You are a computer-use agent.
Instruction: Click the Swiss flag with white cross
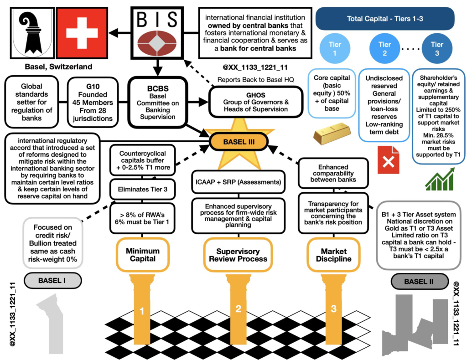point(82,33)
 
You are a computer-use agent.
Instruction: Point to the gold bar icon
point(332,133)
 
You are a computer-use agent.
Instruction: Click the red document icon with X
point(389,161)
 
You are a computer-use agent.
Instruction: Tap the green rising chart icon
point(440,179)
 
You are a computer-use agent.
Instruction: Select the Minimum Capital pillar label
point(143,255)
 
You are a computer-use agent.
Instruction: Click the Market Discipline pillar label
point(333,255)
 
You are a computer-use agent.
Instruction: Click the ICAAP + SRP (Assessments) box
point(239,181)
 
